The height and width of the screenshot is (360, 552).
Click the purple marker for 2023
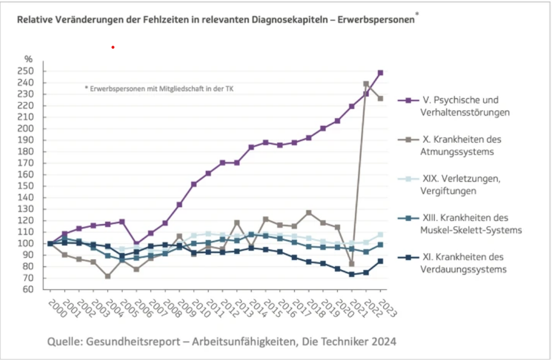pyautogui.click(x=380, y=73)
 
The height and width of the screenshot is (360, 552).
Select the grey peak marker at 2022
pyautogui.click(x=366, y=84)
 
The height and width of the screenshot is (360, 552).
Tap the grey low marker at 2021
pyautogui.click(x=352, y=264)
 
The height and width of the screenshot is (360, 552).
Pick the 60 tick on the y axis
pyautogui.click(x=36, y=290)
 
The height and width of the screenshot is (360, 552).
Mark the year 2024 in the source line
pyautogui.click(x=381, y=341)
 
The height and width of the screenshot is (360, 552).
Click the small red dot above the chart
pyautogui.click(x=113, y=47)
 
